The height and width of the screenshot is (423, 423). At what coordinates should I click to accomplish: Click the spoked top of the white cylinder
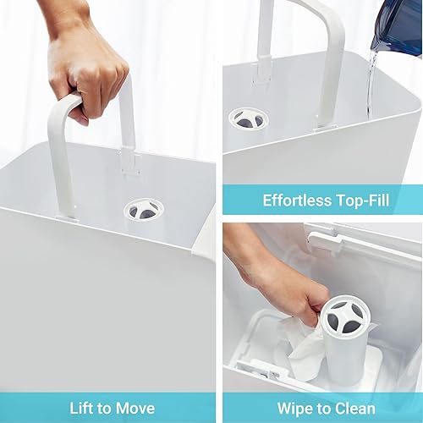(345, 315)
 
